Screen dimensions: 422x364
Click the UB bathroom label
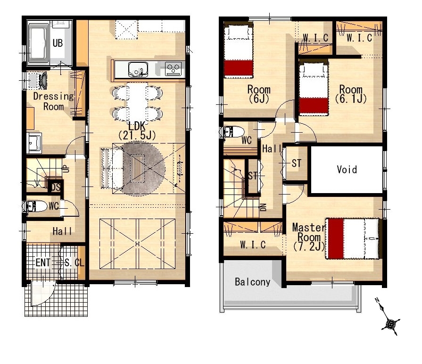tap(58, 43)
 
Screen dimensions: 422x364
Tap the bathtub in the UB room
tap(38, 43)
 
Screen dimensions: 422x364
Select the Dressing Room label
tap(53, 101)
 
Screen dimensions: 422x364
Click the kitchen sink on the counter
tap(138, 69)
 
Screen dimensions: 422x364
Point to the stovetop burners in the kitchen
tap(174, 69)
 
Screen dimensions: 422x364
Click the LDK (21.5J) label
tap(137, 131)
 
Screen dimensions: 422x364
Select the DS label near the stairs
tap(56, 187)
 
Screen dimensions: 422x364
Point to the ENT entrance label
tap(43, 262)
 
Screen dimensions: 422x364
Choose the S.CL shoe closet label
tap(74, 262)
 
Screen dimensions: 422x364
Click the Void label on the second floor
tap(347, 169)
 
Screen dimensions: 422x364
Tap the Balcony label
tap(252, 282)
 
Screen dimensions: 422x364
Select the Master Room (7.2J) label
tap(309, 237)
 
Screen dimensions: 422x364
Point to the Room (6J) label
tap(259, 94)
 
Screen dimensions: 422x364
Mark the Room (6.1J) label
tap(351, 94)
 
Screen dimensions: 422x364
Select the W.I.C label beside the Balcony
tap(253, 245)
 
